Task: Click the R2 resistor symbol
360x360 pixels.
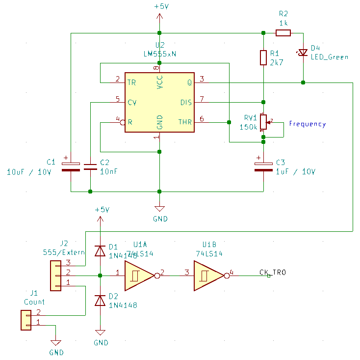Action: pyautogui.click(x=283, y=33)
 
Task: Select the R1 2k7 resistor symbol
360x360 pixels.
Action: pyautogui.click(x=263, y=57)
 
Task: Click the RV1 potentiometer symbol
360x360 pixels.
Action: pyautogui.click(x=263, y=122)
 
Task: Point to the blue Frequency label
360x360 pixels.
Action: pyautogui.click(x=307, y=124)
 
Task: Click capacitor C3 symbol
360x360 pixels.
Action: pyautogui.click(x=263, y=166)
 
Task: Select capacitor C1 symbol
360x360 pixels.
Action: pyautogui.click(x=71, y=166)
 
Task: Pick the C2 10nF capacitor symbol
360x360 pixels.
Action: pyautogui.click(x=90, y=166)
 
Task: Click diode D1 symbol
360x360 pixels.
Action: pyautogui.click(x=100, y=251)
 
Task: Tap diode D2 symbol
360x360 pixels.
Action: pyautogui.click(x=100, y=300)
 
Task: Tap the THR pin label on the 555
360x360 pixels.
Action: pyautogui.click(x=185, y=122)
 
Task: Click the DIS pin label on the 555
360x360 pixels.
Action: pyautogui.click(x=186, y=103)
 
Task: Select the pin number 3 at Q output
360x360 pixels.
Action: pyautogui.click(x=202, y=79)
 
